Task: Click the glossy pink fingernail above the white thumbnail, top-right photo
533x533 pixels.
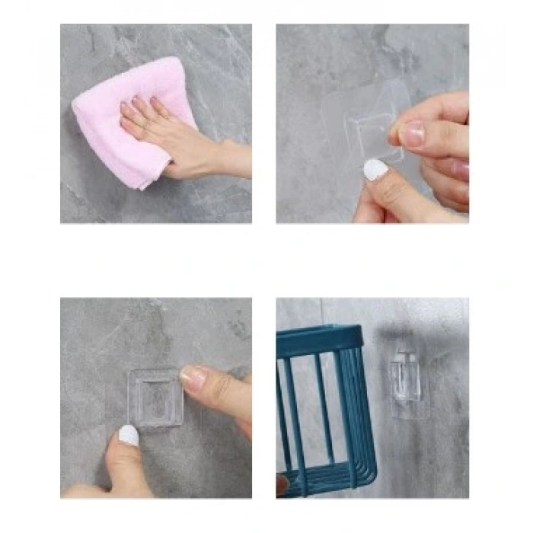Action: (x=412, y=135)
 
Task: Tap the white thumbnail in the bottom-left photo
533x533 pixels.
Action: (x=129, y=436)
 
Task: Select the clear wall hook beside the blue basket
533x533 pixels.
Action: (x=404, y=377)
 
